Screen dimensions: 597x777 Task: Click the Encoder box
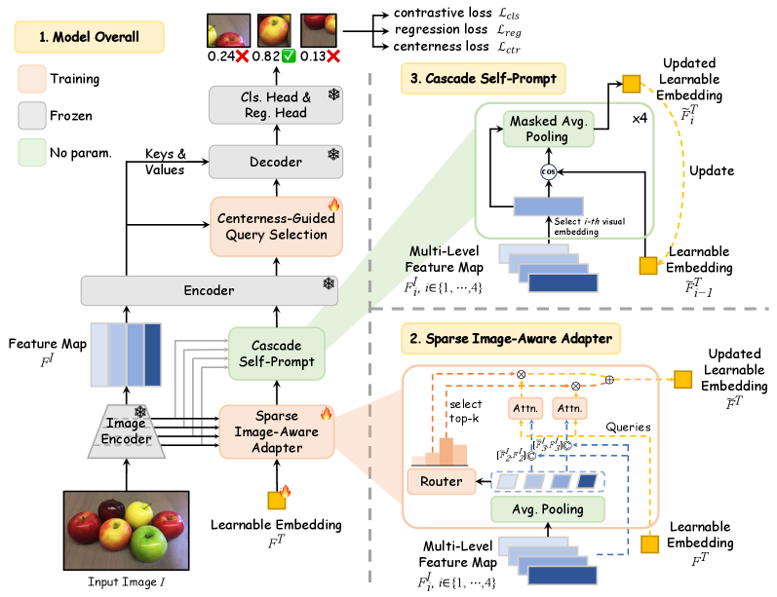(208, 290)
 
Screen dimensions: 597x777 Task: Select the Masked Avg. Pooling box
(548, 129)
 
